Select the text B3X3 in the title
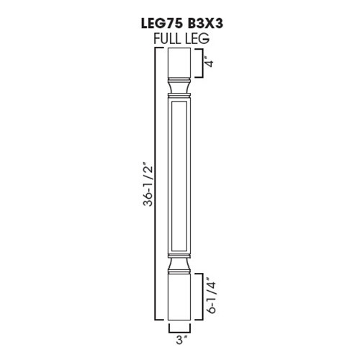coord(204,24)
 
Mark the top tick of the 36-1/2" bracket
coord(158,50)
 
